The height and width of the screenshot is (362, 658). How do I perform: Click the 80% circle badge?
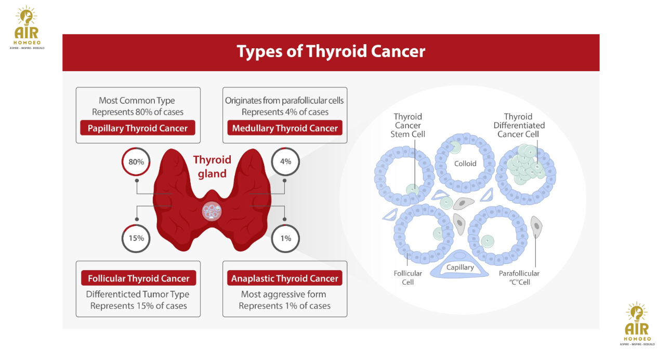pyautogui.click(x=136, y=162)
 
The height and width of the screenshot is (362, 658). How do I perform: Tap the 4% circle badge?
pyautogui.click(x=285, y=162)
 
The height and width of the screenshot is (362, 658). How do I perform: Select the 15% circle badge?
pyautogui.click(x=136, y=238)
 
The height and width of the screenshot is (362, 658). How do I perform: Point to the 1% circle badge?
pyautogui.click(x=285, y=238)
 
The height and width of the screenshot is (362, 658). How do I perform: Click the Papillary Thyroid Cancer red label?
pyautogui.click(x=138, y=128)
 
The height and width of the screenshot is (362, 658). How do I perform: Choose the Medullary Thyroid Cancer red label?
pyautogui.click(x=285, y=128)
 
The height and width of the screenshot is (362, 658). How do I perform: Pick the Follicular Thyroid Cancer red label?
pyautogui.click(x=138, y=278)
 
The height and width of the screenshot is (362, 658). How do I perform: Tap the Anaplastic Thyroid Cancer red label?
pyautogui.click(x=285, y=278)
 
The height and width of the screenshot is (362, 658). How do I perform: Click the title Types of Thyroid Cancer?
pyautogui.click(x=331, y=51)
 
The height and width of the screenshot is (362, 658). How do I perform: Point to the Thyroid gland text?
pyautogui.click(x=212, y=167)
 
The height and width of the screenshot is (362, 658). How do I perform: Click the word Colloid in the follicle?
pyautogui.click(x=465, y=164)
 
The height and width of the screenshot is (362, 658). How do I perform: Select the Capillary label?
pyautogui.click(x=460, y=267)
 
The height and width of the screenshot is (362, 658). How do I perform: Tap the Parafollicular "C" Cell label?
pyautogui.click(x=519, y=278)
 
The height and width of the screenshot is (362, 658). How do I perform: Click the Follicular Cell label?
pyautogui.click(x=407, y=278)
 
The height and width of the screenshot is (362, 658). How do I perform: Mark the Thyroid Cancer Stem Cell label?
pyautogui.click(x=407, y=125)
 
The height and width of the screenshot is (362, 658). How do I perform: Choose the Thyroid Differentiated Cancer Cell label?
pyautogui.click(x=519, y=125)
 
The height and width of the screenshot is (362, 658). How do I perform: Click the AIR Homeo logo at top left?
pyautogui.click(x=27, y=28)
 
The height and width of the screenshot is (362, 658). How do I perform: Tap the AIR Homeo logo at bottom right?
pyautogui.click(x=637, y=324)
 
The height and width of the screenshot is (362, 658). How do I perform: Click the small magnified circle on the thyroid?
pyautogui.click(x=212, y=211)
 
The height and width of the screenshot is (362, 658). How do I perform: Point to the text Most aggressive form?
pyautogui.click(x=283, y=294)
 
